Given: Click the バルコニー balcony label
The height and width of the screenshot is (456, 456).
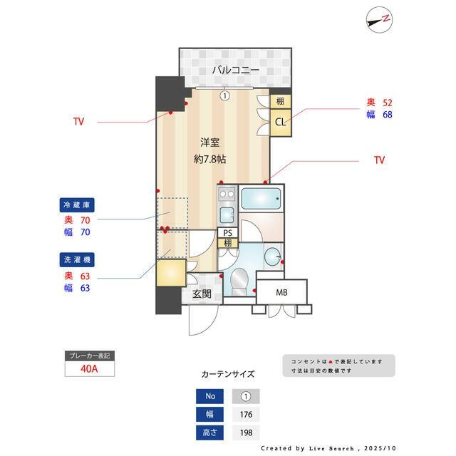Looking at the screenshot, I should click(x=234, y=70).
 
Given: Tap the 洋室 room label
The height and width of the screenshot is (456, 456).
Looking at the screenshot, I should click(x=209, y=142).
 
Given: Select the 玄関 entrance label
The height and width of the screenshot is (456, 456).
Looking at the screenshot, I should click(x=202, y=294).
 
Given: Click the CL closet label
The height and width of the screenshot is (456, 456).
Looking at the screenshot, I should click(x=281, y=122).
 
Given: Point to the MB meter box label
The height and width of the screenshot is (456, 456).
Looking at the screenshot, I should click(x=281, y=291).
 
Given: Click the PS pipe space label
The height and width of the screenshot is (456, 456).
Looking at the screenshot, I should click(x=228, y=233).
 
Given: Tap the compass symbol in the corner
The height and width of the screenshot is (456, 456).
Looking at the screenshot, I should click(x=378, y=19).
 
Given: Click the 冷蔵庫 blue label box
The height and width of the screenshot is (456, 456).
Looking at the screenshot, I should click(x=76, y=204).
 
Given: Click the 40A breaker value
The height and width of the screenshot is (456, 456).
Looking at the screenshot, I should click(x=89, y=369).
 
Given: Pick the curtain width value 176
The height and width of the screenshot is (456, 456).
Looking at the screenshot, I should click(x=246, y=414).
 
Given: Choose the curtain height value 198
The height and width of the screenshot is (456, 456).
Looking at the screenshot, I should click(x=246, y=432).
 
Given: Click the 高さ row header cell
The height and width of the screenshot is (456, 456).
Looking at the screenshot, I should click(x=210, y=432).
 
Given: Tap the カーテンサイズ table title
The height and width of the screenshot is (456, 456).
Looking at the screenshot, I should click(x=227, y=373).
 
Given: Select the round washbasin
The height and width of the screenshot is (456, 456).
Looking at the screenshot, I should click(x=272, y=256).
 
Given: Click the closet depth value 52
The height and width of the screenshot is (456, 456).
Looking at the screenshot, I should click(x=388, y=103).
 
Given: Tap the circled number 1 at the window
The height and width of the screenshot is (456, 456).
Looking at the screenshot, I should click(x=224, y=95).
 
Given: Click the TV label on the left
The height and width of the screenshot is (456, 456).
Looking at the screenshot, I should click(x=78, y=122).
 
